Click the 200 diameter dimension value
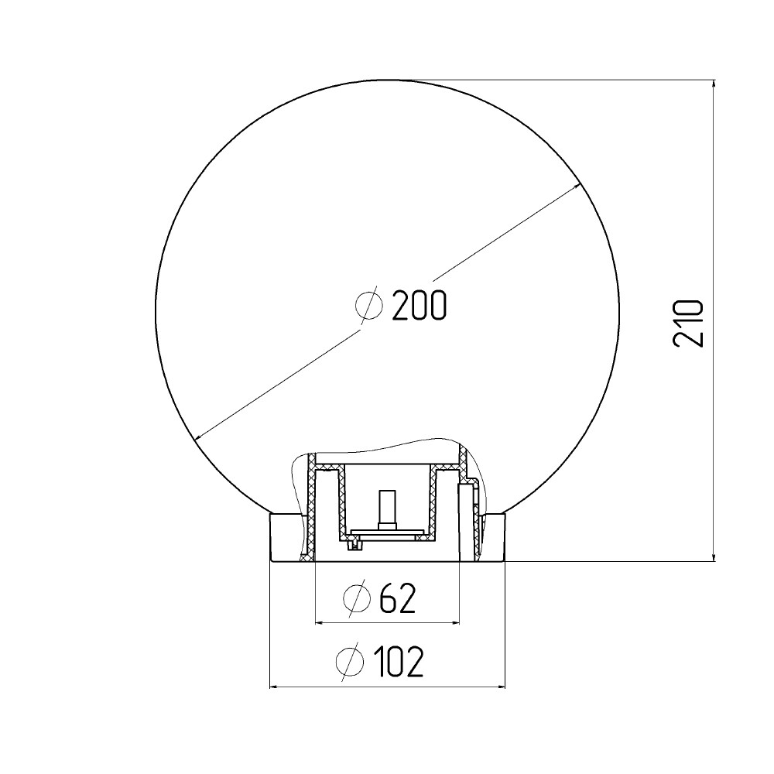pyautogui.click(x=419, y=305)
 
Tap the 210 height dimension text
pyautogui.click(x=688, y=324)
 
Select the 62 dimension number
pyautogui.click(x=398, y=598)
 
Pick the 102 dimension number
pyautogui.click(x=399, y=661)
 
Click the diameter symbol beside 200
pyautogui.click(x=369, y=305)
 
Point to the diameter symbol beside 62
pyautogui.click(x=357, y=598)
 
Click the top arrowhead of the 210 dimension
pyautogui.click(x=714, y=84)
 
